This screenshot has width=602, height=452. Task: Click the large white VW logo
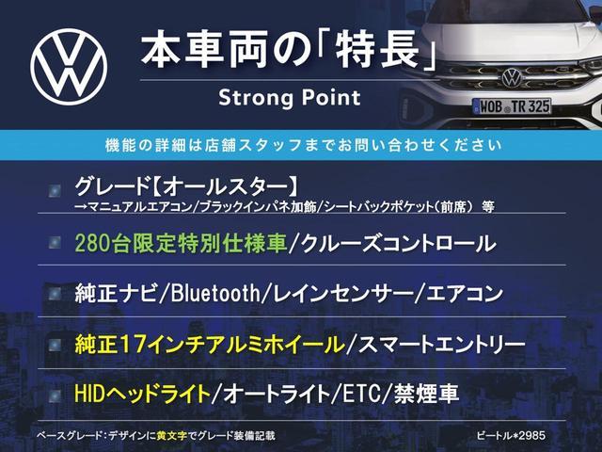[69, 67]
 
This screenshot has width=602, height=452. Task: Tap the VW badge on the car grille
[512, 77]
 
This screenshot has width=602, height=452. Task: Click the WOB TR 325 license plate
[513, 106]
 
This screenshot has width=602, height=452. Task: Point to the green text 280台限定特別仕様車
[181, 244]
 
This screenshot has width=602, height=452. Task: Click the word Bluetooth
[215, 293]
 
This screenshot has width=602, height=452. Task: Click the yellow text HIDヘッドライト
[142, 394]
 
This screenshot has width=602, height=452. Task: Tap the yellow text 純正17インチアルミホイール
[210, 344]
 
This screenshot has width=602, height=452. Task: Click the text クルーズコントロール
[398, 244]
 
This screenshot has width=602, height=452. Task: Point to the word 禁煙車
[426, 394]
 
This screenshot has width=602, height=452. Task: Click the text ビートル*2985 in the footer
[511, 435]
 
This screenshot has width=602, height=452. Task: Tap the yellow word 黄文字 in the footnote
[171, 436]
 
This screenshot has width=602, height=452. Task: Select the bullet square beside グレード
[55, 190]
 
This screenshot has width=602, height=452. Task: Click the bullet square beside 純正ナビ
[55, 294]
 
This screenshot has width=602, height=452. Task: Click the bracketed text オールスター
[226, 186]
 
